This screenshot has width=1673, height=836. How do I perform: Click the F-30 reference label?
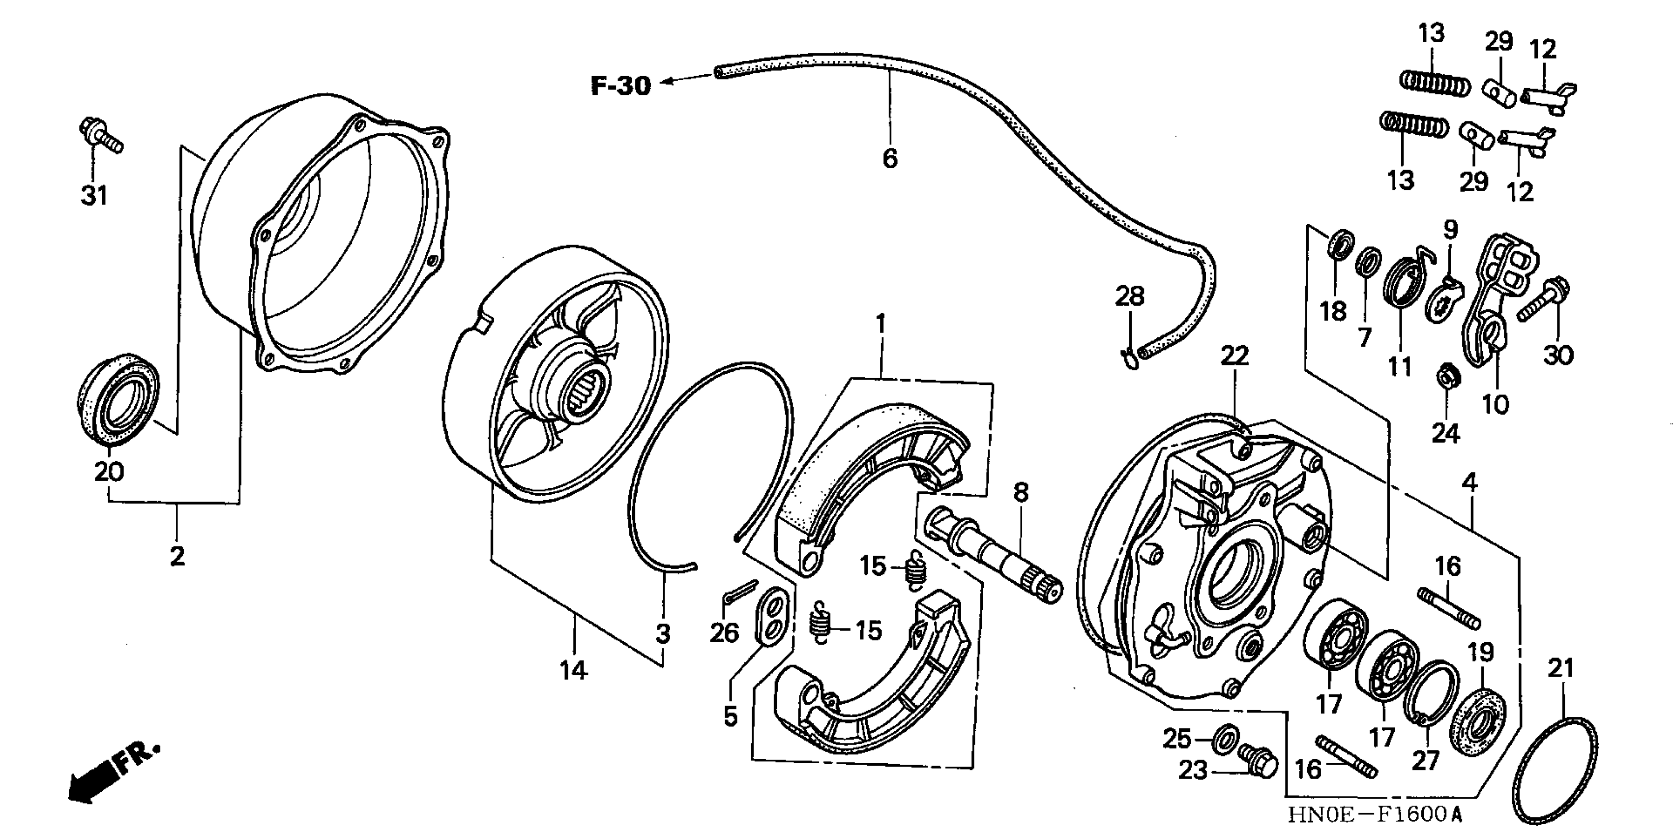point(620,86)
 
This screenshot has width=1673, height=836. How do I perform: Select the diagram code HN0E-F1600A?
point(1374,814)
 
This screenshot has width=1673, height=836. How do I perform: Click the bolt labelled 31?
point(101,136)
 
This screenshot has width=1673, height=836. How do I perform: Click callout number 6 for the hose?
point(890,158)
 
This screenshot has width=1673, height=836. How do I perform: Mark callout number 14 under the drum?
point(573,669)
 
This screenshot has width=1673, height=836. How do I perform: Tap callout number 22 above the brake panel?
point(1234,356)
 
